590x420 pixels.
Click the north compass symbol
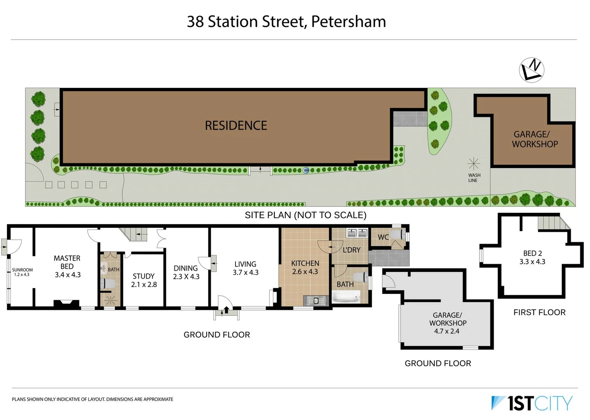point(531,70)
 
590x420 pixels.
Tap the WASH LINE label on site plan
point(474,178)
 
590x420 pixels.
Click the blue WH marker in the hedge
point(306,170)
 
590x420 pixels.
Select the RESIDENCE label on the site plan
point(236,126)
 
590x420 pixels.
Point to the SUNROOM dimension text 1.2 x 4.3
point(22,275)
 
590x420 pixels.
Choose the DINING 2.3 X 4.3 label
point(186,272)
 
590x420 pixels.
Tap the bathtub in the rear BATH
point(346,298)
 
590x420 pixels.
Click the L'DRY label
point(351,250)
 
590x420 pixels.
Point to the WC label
point(383,237)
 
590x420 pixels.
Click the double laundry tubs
point(357,233)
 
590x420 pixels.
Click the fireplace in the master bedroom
point(66,304)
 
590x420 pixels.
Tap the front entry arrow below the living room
point(226,310)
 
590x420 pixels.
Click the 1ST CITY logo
point(532,403)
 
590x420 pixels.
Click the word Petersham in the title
point(348,21)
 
